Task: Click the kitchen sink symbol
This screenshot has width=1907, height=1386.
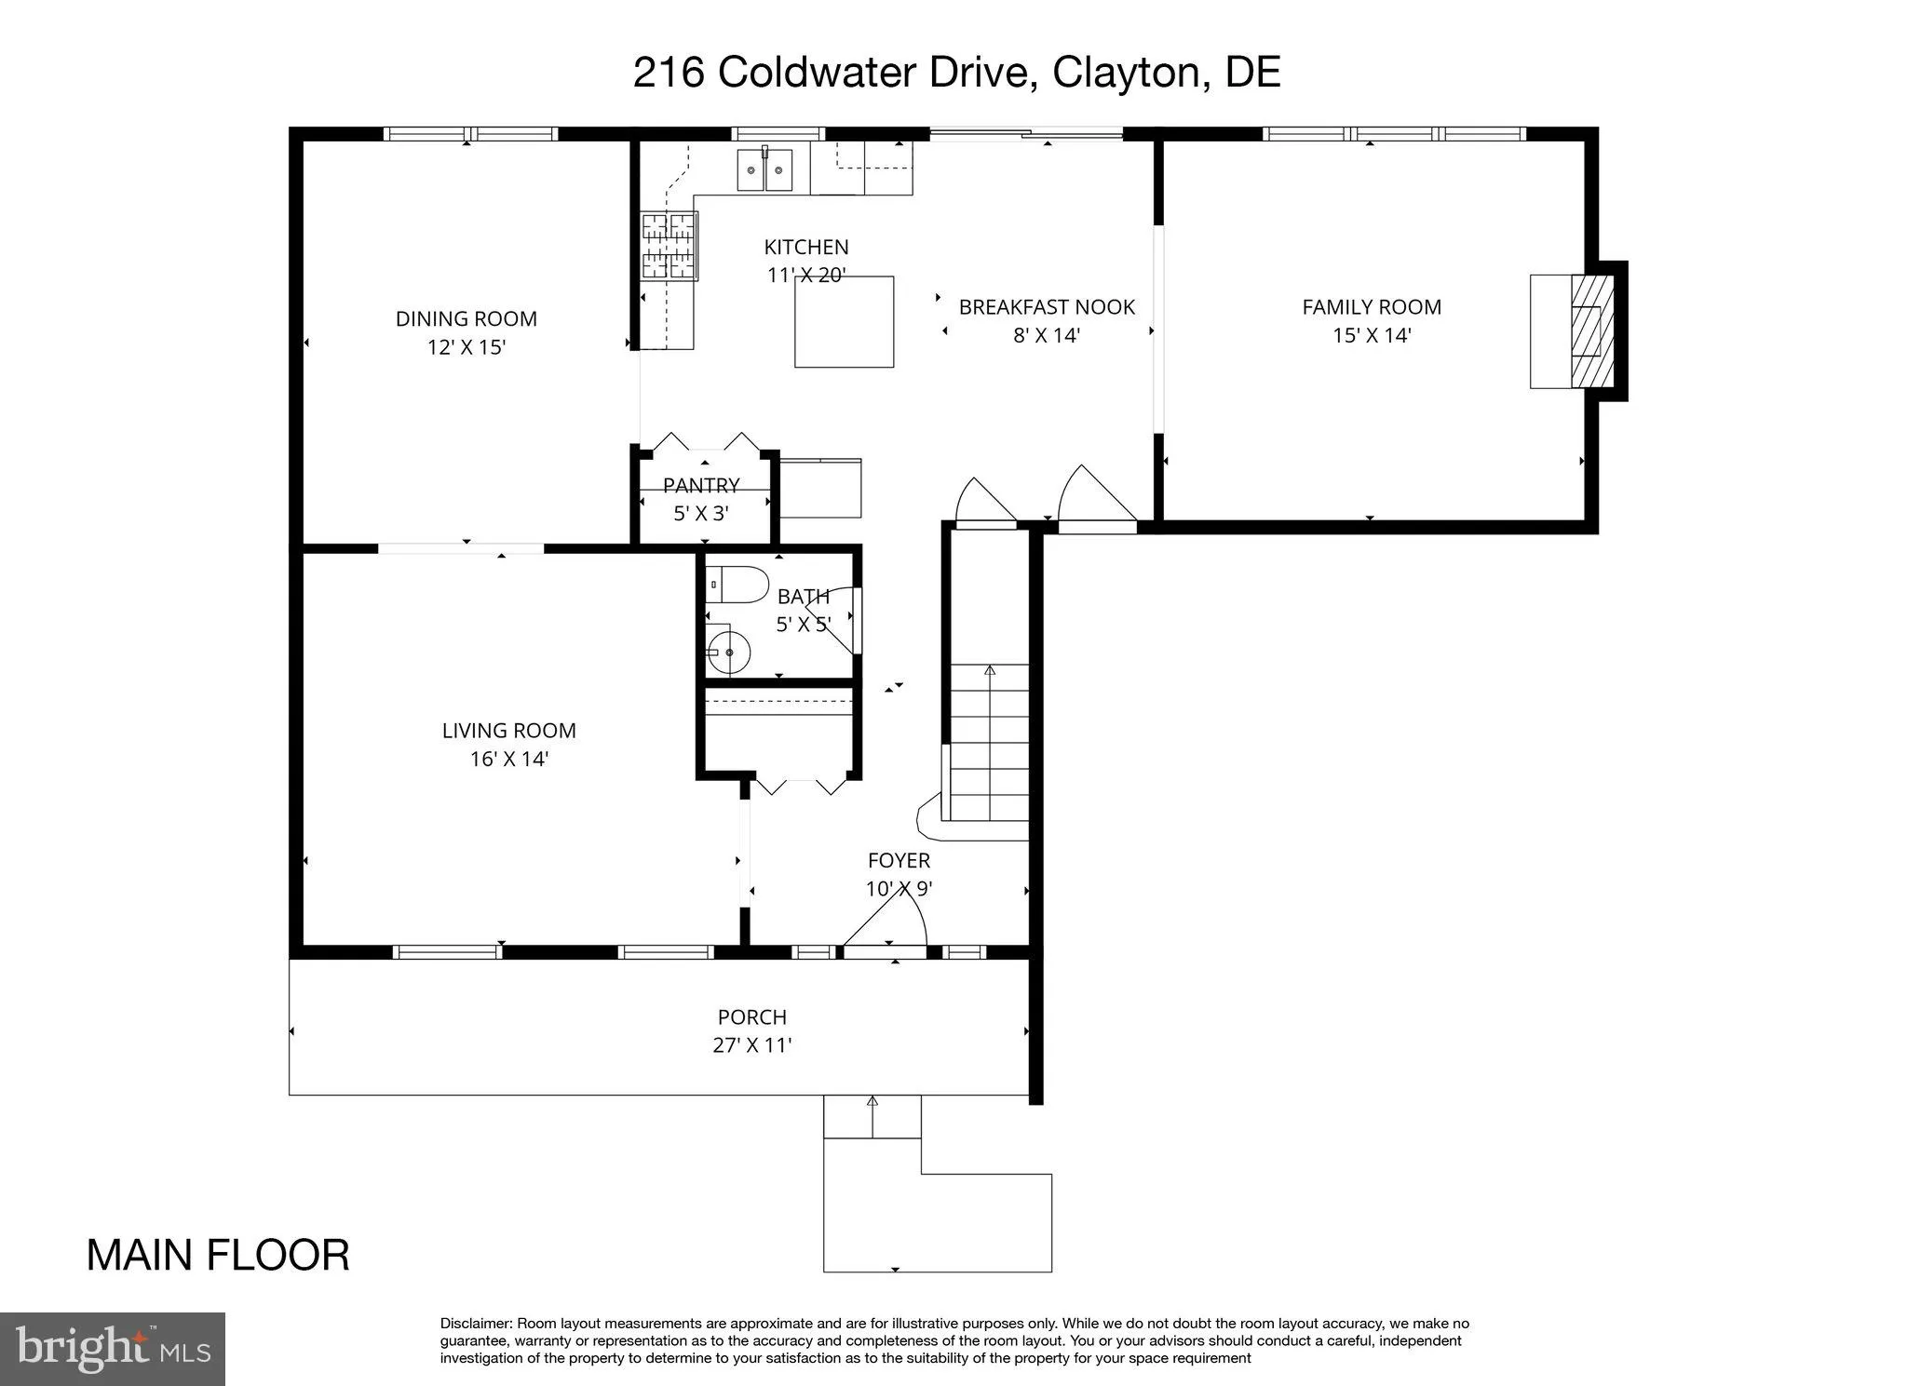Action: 764,169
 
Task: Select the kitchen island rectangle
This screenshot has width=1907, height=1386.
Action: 844,321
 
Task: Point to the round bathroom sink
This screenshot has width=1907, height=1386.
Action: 727,653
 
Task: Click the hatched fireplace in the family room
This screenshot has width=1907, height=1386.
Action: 1587,330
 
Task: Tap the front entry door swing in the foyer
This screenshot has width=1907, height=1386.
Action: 885,917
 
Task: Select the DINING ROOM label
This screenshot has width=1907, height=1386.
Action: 466,318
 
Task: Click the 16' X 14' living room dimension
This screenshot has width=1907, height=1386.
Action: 508,759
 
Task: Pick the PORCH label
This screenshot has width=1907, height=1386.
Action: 751,1016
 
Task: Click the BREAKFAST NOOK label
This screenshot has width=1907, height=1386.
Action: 1047,306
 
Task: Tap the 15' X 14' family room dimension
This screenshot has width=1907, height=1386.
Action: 1372,335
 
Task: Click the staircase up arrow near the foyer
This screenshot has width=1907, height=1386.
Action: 990,671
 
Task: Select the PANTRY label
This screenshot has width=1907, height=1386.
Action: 701,485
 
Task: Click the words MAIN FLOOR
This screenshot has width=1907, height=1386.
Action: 218,1255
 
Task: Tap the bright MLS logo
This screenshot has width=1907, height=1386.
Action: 113,1349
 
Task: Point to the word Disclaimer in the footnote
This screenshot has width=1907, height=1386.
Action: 475,1324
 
